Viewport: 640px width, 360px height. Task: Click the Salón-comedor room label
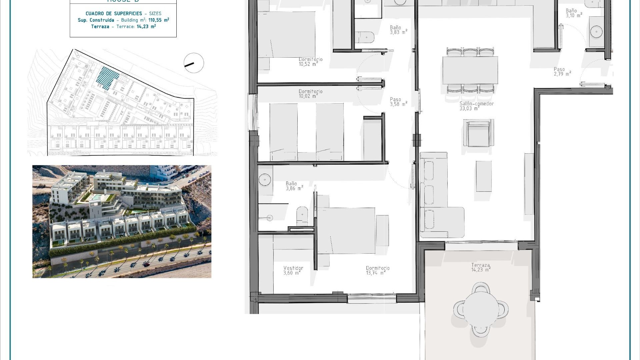(476, 106)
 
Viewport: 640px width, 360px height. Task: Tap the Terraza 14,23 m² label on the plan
(481, 267)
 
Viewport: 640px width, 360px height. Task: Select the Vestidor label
(293, 270)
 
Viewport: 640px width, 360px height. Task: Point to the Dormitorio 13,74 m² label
(377, 270)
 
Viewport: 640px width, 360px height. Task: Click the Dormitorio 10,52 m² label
(310, 62)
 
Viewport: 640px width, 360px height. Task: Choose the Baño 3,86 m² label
(294, 186)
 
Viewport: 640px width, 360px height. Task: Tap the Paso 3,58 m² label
(398, 102)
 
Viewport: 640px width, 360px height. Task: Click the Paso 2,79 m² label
(562, 72)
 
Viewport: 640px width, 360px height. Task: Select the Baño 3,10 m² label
(574, 13)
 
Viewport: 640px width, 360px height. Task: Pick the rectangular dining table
(470, 70)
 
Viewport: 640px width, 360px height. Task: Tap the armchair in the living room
(478, 133)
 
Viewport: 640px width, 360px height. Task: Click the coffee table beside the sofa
(483, 176)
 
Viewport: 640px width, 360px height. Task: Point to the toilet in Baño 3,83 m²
(365, 37)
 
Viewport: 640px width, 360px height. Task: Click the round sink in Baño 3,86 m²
(265, 179)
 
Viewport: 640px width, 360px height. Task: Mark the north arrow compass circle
(194, 63)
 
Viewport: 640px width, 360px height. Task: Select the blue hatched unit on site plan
(107, 78)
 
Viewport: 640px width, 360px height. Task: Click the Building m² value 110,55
(155, 20)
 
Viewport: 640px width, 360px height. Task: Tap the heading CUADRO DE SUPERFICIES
(114, 14)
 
